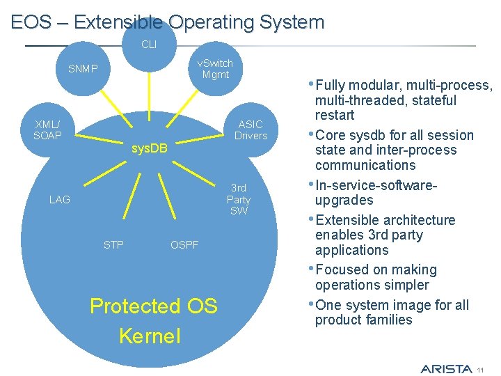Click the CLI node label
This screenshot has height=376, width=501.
[x=149, y=45]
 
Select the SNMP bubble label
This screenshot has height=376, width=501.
[x=83, y=69]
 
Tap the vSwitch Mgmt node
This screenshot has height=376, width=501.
[x=215, y=69]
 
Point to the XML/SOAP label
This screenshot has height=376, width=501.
[x=47, y=130]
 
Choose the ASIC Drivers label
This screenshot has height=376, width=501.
[x=250, y=130]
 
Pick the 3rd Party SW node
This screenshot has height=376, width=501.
[x=239, y=199]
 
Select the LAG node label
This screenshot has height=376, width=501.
[x=60, y=200]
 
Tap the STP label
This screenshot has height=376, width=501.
[x=113, y=245]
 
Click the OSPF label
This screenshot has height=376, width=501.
[x=184, y=245]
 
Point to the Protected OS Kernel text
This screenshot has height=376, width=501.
[x=153, y=321]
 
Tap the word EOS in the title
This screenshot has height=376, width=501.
[x=31, y=22]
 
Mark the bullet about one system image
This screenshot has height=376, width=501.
[x=392, y=313]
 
